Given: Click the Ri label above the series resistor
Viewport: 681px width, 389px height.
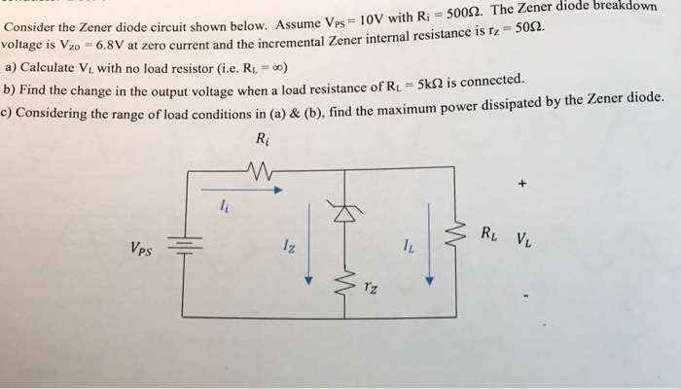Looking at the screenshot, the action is [x=263, y=139].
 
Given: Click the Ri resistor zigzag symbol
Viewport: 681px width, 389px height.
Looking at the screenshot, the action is [x=260, y=170].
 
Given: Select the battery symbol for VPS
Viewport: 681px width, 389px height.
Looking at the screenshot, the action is [x=185, y=245].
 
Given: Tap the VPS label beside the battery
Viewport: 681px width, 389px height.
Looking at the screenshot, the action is [x=142, y=249].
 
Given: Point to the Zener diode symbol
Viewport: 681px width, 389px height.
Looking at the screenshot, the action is [x=344, y=211].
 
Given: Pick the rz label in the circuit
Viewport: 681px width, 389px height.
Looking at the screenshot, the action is [x=371, y=287].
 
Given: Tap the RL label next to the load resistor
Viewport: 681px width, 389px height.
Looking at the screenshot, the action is [x=489, y=234].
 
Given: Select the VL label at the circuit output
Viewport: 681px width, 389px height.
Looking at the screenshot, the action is [x=523, y=239].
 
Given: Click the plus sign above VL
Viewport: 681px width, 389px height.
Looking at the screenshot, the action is [x=522, y=184].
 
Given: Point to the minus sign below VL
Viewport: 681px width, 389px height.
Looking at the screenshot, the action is [x=526, y=297].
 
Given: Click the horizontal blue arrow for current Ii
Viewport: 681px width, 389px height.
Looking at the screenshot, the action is [x=242, y=190].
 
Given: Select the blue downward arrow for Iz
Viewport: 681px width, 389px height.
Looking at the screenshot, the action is [x=308, y=244].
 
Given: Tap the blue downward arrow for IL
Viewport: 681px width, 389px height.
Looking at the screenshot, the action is [x=429, y=244].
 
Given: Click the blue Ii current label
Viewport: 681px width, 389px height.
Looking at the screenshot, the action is [x=224, y=205].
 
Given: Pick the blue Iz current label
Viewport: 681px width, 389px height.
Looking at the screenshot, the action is [x=289, y=246].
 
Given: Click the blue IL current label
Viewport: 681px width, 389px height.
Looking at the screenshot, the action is [x=409, y=246].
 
